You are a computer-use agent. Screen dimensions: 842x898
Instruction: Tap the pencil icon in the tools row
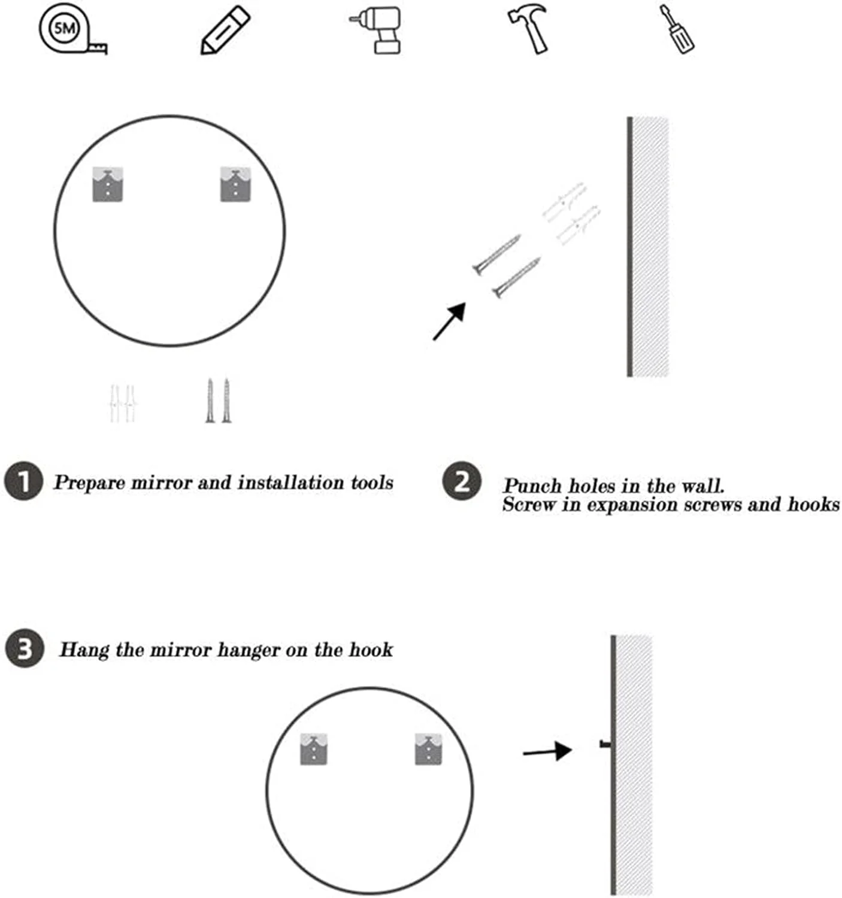(x=225, y=31)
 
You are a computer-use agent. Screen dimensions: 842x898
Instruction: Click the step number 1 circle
(x=23, y=481)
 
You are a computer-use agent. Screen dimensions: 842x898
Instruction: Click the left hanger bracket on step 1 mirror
(x=108, y=184)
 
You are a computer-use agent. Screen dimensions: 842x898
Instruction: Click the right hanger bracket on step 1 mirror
(x=235, y=184)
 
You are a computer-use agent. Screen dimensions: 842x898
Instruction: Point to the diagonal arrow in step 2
(x=449, y=321)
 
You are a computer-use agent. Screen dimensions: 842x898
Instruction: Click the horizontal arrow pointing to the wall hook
(x=547, y=751)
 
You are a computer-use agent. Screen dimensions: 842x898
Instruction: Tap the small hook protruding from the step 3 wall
(x=605, y=743)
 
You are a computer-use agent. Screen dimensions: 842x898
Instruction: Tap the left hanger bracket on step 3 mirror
(x=314, y=750)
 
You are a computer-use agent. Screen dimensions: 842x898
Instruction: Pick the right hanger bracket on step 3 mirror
(x=428, y=750)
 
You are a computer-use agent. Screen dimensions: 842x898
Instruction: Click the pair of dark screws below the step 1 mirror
(x=218, y=401)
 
